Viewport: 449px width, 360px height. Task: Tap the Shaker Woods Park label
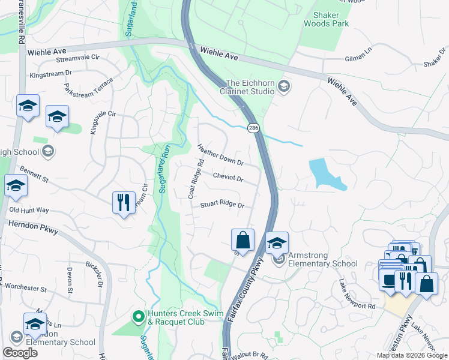click(327, 19)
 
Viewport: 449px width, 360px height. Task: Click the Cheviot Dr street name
click(228, 178)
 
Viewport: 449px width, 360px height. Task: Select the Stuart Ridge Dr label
click(223, 205)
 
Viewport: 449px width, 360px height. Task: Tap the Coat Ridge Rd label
click(193, 178)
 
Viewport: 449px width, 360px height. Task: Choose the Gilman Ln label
click(358, 58)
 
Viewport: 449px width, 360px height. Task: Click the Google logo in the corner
click(20, 353)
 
